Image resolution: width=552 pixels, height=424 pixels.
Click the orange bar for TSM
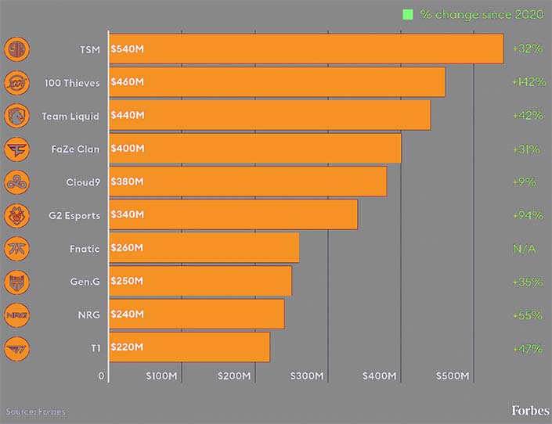[305, 49]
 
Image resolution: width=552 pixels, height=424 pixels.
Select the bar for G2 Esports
[233, 214]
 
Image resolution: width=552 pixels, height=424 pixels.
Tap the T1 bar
[189, 347]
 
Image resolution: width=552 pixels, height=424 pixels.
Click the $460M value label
[128, 82]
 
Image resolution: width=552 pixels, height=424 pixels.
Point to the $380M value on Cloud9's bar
[128, 181]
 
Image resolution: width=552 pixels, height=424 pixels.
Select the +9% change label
[525, 181]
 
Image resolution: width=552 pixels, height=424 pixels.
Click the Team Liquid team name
[70, 116]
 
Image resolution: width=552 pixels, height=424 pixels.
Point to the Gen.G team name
[84, 281]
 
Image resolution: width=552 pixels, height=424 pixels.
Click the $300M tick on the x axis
[307, 376]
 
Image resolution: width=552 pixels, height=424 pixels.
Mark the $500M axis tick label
[452, 376]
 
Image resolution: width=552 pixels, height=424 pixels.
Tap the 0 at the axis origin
[101, 376]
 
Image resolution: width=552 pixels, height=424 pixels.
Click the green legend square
[407, 14]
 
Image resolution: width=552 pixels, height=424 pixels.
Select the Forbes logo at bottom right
[530, 411]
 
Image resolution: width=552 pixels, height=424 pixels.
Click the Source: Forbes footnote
[36, 411]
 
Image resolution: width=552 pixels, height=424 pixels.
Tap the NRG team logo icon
[16, 314]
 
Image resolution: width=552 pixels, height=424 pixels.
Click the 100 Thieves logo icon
[16, 82]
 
